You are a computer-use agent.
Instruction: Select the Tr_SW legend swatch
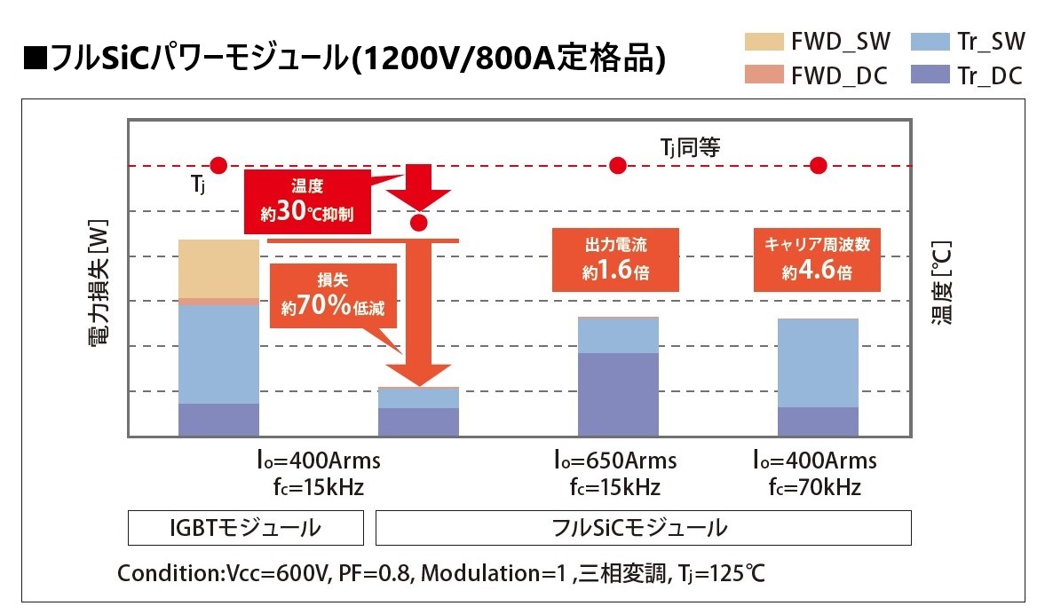point(930,42)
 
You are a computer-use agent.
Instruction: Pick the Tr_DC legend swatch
point(930,75)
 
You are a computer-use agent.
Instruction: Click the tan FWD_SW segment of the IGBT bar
point(218,269)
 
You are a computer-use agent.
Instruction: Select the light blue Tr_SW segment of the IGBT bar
point(218,354)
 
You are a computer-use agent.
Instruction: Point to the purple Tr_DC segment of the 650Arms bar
point(618,394)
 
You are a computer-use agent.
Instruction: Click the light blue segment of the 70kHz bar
point(818,362)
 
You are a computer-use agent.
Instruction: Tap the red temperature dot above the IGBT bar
point(219,165)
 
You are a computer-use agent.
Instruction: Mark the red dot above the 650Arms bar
point(619,165)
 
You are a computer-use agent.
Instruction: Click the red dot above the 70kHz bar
point(819,165)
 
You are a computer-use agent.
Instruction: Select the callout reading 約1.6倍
point(617,259)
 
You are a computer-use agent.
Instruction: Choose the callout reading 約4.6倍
point(818,259)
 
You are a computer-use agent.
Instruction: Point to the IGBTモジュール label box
point(245,528)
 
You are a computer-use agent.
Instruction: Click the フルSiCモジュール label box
point(644,528)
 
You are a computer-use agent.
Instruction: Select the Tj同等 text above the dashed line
point(689,146)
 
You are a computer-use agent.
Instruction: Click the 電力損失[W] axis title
point(99,282)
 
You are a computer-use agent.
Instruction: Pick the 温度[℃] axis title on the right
point(942,282)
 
